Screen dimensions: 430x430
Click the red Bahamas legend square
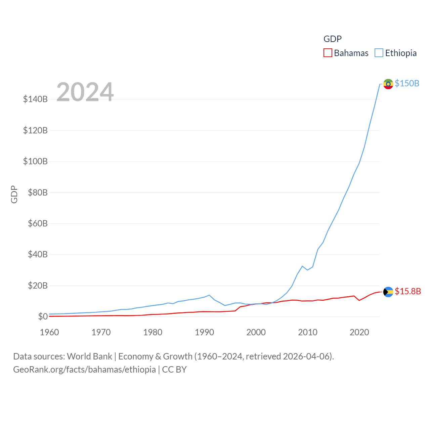click(x=328, y=53)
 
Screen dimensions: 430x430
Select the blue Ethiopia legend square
click(x=379, y=53)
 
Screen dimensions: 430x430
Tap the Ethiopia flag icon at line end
click(x=388, y=84)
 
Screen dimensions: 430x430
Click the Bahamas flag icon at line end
click(x=388, y=292)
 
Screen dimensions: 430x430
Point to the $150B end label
click(x=407, y=83)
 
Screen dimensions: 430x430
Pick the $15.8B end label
click(x=408, y=291)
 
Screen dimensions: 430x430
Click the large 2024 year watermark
click(x=85, y=92)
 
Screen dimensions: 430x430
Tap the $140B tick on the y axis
click(x=35, y=99)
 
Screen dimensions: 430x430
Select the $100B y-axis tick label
click(x=35, y=161)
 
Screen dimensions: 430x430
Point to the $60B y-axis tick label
click(x=38, y=223)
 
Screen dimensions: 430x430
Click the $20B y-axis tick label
click(x=38, y=286)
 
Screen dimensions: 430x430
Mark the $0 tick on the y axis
click(x=43, y=316)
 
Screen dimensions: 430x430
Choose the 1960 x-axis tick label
click(x=49, y=332)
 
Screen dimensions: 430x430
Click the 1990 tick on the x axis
click(x=204, y=332)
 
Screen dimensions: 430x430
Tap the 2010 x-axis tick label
click(x=308, y=332)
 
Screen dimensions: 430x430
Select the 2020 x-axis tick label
click(x=359, y=332)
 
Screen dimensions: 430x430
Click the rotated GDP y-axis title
click(x=14, y=194)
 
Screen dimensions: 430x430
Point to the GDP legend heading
click(x=333, y=39)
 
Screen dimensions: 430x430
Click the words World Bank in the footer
click(x=89, y=356)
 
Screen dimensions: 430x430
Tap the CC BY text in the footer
click(x=174, y=370)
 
